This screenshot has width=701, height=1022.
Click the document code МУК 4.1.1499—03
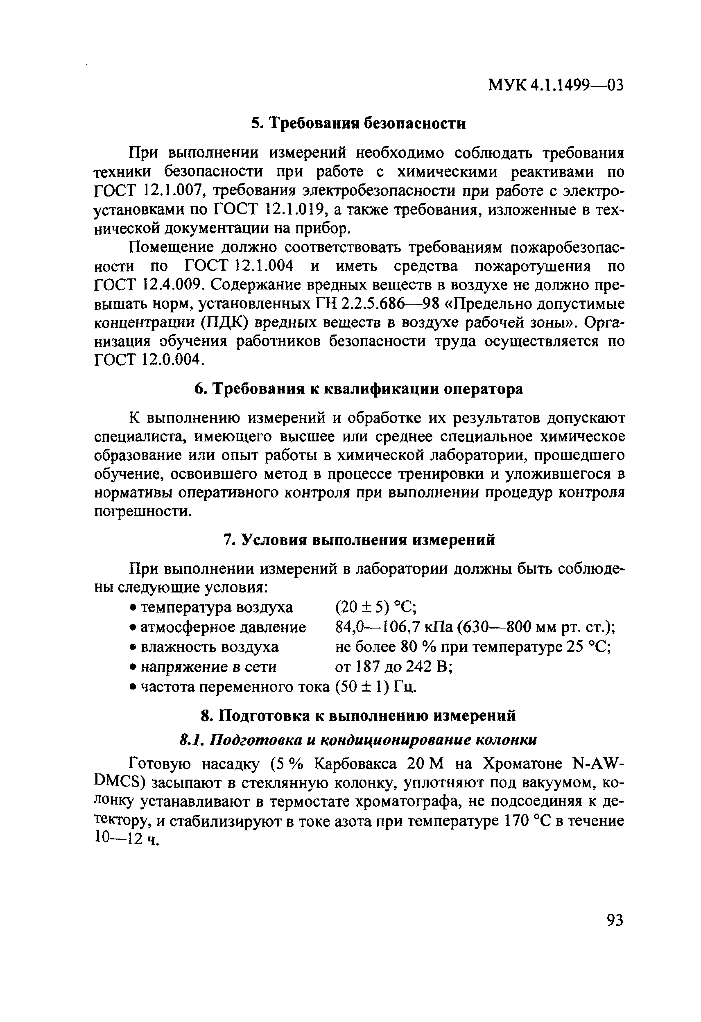tap(556, 85)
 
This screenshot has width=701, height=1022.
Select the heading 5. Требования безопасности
tap(358, 124)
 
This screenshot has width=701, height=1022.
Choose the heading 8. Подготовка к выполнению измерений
tap(358, 715)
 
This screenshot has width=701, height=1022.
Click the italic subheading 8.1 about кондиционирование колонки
tap(358, 740)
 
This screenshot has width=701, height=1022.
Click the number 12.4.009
tap(172, 285)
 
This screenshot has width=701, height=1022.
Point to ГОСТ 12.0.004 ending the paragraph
tap(149, 360)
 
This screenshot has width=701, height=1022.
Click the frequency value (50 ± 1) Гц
tap(375, 687)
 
